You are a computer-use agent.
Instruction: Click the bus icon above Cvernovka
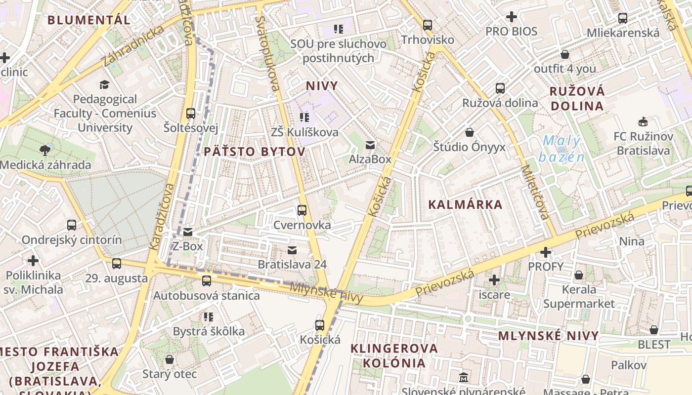302,210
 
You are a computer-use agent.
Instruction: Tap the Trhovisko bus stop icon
428,25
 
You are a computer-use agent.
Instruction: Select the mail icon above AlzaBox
370,145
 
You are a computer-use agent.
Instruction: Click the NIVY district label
322,86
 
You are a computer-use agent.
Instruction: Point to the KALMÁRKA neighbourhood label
465,204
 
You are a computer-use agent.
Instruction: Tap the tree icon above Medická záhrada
45,150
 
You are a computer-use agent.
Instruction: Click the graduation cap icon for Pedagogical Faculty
104,85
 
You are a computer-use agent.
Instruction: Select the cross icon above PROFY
546,253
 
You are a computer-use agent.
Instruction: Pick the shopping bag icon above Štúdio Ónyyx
470,133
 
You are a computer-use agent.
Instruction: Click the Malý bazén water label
562,149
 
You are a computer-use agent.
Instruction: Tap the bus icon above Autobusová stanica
207,281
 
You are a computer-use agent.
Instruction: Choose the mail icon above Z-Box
188,232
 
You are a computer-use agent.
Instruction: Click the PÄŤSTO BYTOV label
255,152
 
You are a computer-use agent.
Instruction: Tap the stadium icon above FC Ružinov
643,121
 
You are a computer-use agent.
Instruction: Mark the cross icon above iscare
494,280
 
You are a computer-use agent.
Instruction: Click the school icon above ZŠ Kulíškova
304,118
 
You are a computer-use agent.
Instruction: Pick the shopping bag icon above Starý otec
170,359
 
